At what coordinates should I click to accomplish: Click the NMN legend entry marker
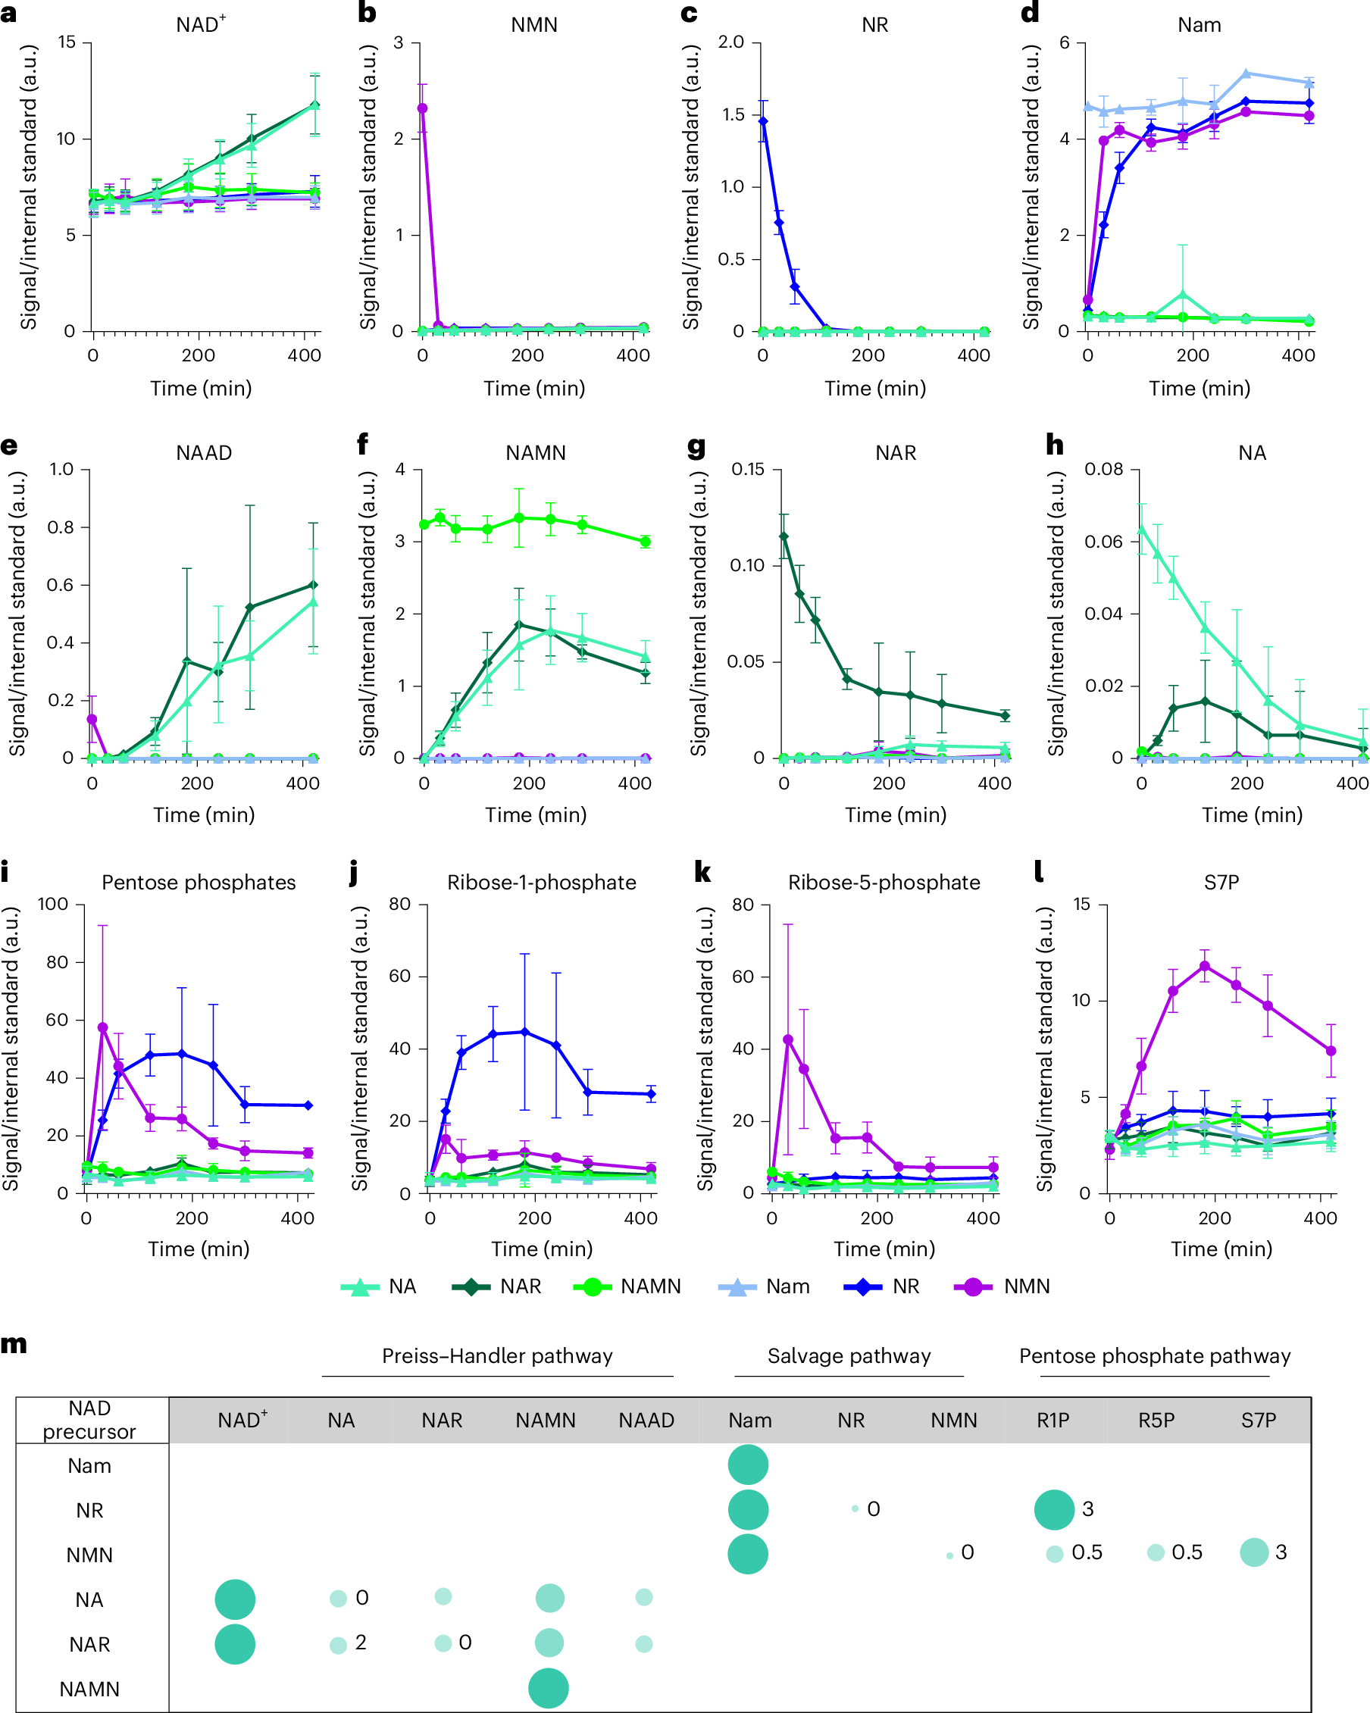(x=973, y=1287)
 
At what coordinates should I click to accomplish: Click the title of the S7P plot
(x=1221, y=883)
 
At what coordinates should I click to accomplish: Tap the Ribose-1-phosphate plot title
(x=541, y=883)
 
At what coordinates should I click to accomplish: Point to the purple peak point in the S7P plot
(x=1205, y=966)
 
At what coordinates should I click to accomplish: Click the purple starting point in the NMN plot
(x=423, y=108)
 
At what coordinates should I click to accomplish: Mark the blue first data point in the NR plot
(x=763, y=121)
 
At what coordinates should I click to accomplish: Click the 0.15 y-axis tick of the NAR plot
(x=748, y=470)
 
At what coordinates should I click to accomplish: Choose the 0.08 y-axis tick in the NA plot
(x=1105, y=470)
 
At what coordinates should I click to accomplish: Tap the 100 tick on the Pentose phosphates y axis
(x=53, y=904)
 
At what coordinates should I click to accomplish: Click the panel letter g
(x=696, y=446)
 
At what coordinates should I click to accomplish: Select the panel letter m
(x=14, y=1344)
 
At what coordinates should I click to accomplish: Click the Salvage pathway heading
(x=849, y=1356)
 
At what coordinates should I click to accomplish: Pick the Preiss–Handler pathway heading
(x=498, y=1356)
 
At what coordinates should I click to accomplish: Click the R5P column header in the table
(x=1156, y=1421)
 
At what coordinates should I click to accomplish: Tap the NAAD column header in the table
(x=646, y=1421)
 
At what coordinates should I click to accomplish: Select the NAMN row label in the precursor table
(x=90, y=1690)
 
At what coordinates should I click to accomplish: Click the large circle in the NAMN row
(x=549, y=1688)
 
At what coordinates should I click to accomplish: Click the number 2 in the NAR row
(x=361, y=1643)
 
